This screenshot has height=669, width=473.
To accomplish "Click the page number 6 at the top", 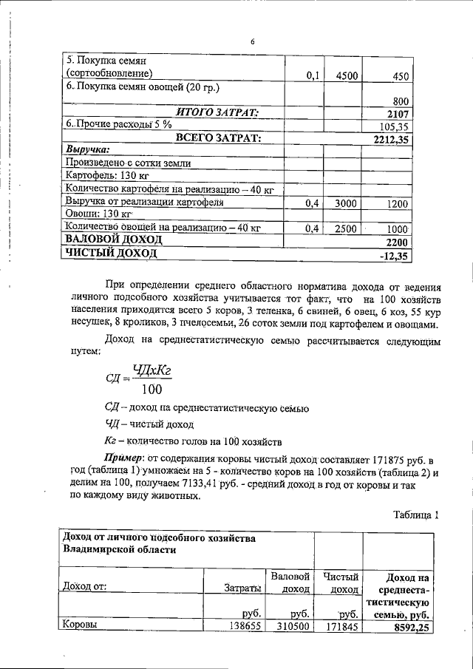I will coord(252,43).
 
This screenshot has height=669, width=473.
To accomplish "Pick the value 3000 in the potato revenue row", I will coord(347,203).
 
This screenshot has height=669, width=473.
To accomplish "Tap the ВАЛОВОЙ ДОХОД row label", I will coord(115,241).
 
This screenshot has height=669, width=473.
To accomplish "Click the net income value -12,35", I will coord(394,255).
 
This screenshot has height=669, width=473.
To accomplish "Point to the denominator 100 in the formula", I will coord(152,389).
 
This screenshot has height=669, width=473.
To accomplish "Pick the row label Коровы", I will coord(81,625).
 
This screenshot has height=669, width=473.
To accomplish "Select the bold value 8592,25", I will coord(404,627).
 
